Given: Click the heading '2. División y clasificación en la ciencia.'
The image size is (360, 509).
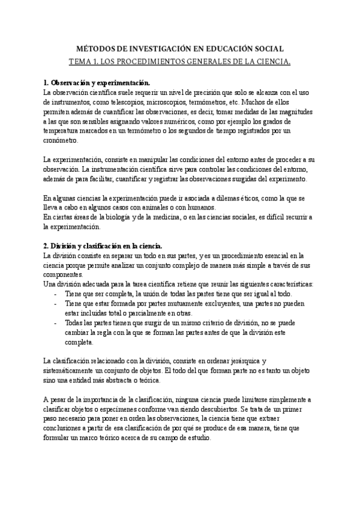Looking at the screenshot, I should (103, 246).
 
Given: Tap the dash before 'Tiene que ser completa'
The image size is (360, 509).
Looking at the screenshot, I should (56, 294).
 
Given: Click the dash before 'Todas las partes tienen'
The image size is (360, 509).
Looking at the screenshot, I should (56, 323).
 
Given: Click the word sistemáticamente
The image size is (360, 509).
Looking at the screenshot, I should (74, 370).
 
